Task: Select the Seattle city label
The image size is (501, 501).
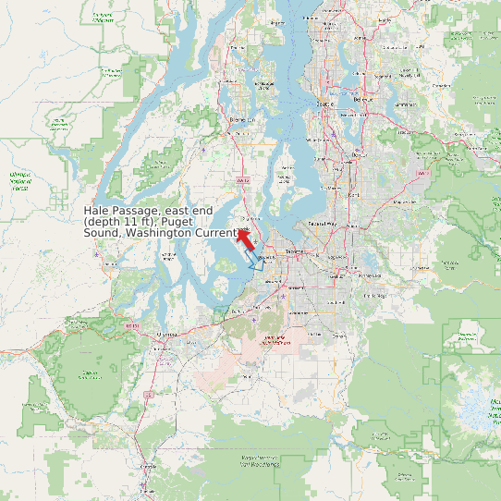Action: point(324,104)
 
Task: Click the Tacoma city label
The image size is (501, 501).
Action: point(295,250)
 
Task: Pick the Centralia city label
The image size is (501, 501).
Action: point(148,468)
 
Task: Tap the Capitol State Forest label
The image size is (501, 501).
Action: point(90,374)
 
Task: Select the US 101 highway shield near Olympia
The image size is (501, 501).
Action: point(132,325)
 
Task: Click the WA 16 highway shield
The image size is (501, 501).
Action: point(243,181)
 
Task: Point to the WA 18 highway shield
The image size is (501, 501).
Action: point(422,173)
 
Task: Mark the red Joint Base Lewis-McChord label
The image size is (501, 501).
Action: point(275,341)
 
